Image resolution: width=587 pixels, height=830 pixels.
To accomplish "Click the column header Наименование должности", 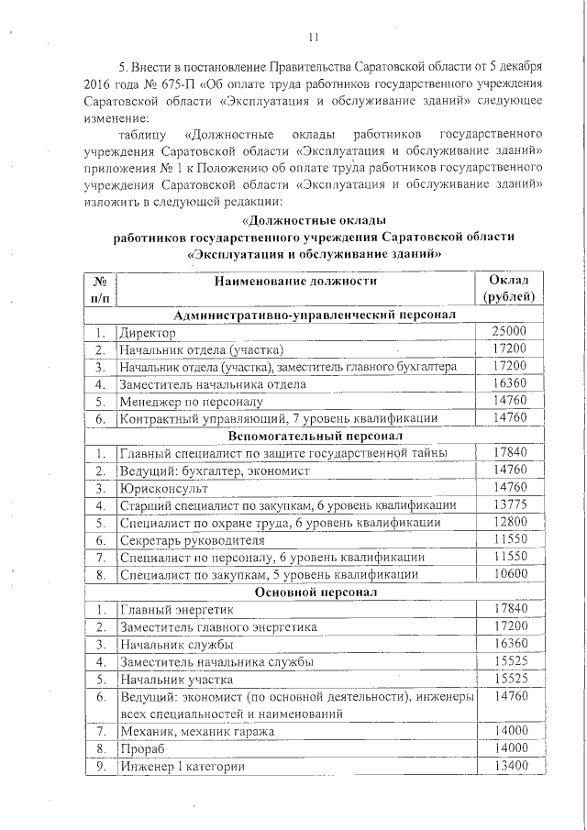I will [297, 281].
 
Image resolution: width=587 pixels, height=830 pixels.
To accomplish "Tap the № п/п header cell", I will [100, 288].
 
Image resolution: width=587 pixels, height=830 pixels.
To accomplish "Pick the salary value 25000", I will [509, 332].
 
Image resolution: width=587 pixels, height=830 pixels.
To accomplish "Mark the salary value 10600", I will [509, 575].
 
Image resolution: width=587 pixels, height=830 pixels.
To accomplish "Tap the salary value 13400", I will [509, 767].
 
